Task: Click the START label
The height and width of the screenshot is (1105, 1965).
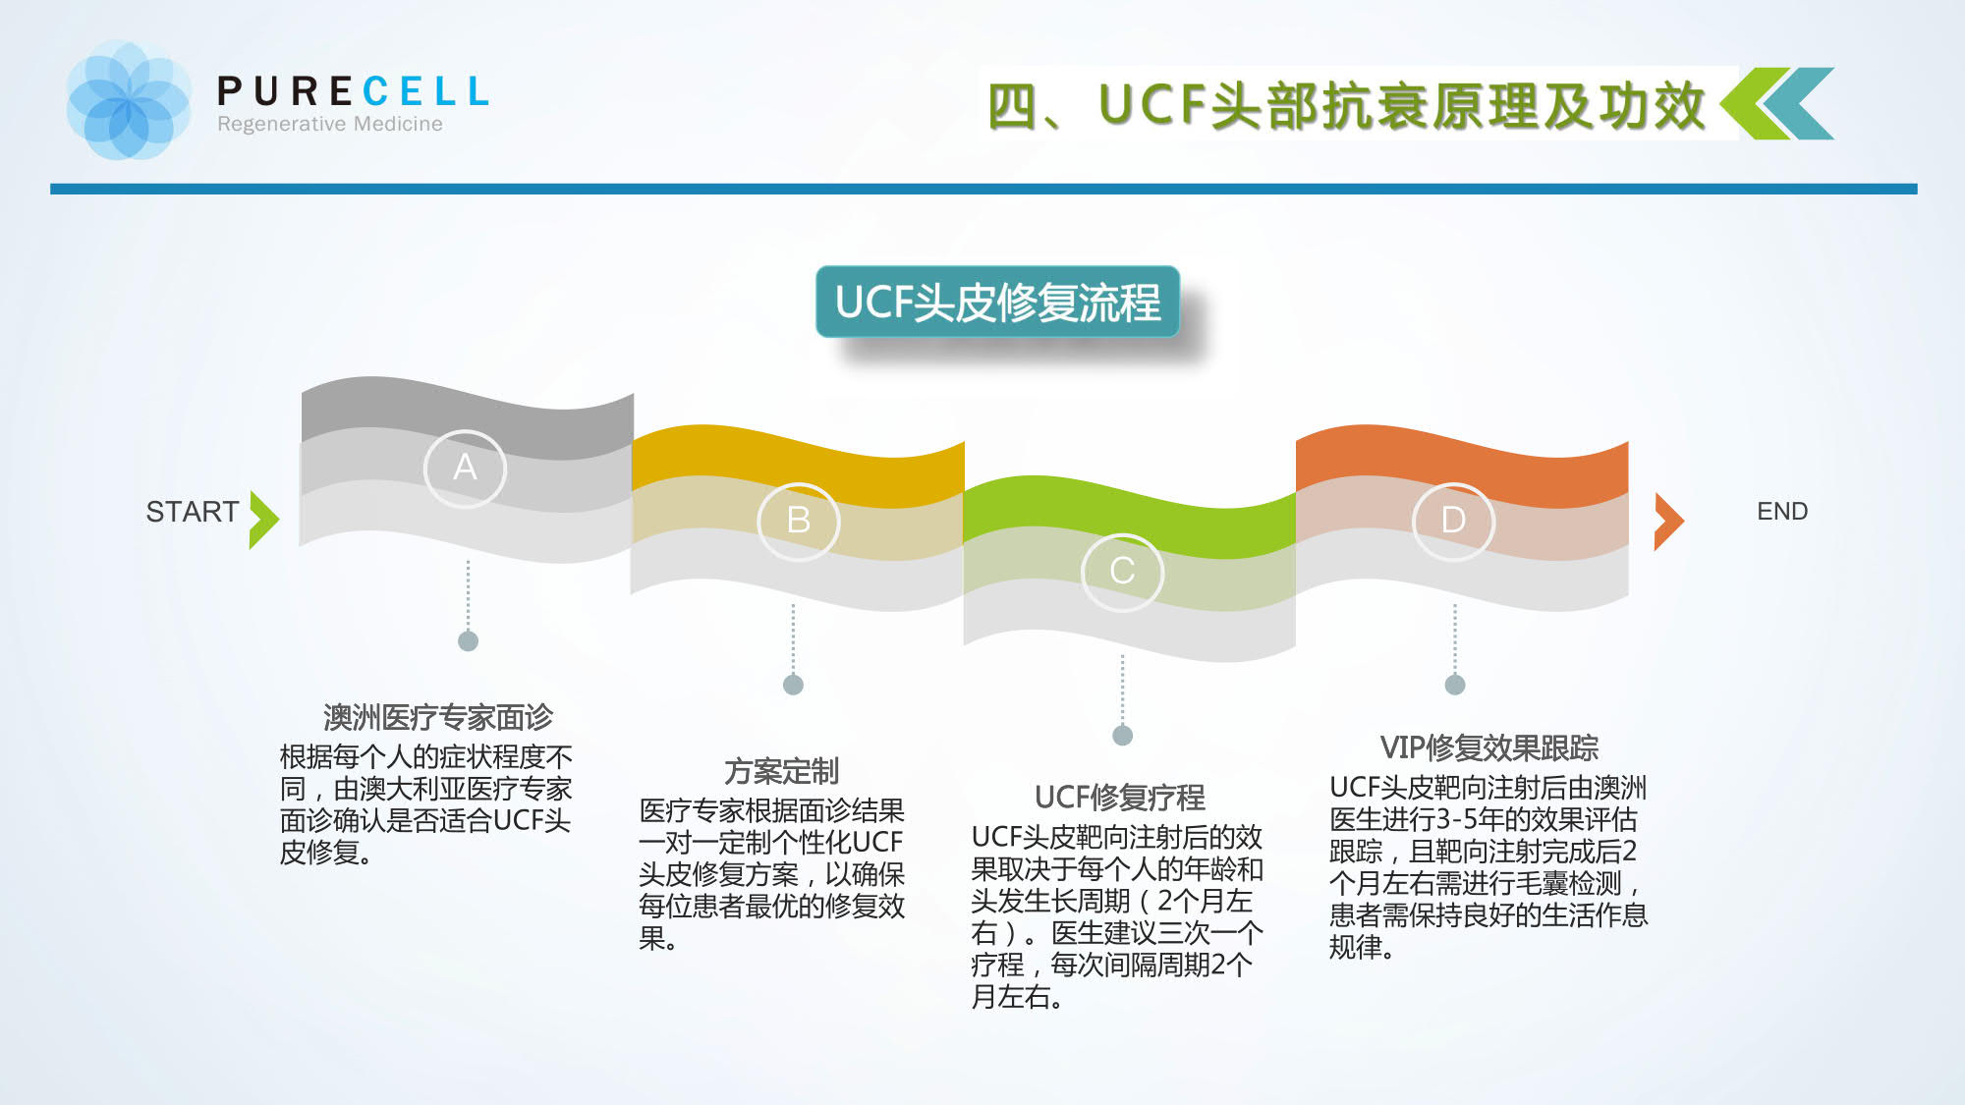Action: [x=193, y=512]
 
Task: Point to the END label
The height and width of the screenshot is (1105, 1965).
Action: [x=1782, y=511]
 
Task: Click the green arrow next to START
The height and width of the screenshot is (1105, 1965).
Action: [x=263, y=520]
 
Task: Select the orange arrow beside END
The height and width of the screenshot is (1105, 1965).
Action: [x=1669, y=522]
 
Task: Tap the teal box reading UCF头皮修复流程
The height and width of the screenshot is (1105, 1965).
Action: [x=997, y=302]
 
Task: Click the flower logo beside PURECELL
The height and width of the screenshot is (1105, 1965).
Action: [x=128, y=100]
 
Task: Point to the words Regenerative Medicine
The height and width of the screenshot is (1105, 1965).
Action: [x=330, y=124]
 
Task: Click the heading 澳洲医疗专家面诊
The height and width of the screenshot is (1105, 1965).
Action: [x=438, y=717]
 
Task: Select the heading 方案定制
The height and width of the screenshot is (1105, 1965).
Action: [x=782, y=771]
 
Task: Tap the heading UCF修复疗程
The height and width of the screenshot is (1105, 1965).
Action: [x=1120, y=797]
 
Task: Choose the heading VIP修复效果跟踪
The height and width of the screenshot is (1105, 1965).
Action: [x=1489, y=747]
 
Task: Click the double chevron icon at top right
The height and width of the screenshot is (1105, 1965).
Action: [x=1777, y=103]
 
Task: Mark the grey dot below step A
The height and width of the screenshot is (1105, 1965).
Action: [x=468, y=641]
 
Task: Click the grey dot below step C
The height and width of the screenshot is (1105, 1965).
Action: [x=1122, y=736]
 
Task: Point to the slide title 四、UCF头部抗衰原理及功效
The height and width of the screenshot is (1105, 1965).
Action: [x=1346, y=105]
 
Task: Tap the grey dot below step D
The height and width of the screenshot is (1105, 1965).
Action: [x=1455, y=685]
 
